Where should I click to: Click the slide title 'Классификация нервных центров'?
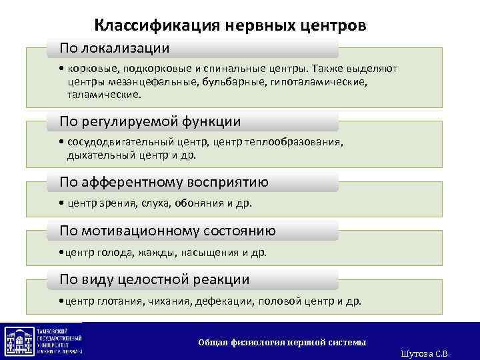230,25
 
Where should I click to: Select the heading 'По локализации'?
114,48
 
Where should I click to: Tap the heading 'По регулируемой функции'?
150,121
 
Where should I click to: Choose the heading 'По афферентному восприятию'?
164,182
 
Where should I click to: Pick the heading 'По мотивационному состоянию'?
167,231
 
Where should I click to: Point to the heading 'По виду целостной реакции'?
155,279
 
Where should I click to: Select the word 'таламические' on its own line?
104,95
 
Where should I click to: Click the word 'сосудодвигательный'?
120,142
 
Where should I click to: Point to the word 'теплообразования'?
303,142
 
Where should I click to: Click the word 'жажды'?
158,253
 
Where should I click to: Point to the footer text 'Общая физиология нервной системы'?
282,342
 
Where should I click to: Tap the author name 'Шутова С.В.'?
427,354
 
